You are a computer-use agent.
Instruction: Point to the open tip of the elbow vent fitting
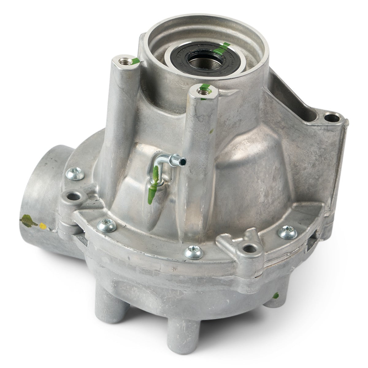point(183,160)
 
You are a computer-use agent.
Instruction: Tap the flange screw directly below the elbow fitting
point(107,225)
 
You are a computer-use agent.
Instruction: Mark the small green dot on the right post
point(211,132)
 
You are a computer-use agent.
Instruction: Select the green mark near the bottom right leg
point(276,296)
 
